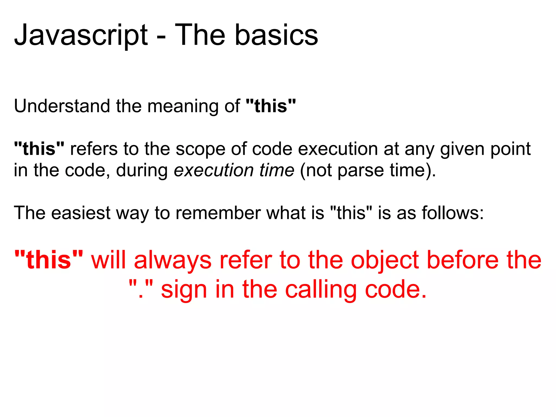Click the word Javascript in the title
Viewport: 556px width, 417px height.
point(81,35)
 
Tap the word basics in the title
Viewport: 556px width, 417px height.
point(276,35)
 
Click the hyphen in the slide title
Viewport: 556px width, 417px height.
point(161,37)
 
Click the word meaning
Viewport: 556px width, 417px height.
point(183,106)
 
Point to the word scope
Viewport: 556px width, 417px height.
point(200,149)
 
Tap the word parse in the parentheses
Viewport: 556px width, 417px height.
point(361,171)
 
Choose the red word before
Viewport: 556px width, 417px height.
point(463,260)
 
